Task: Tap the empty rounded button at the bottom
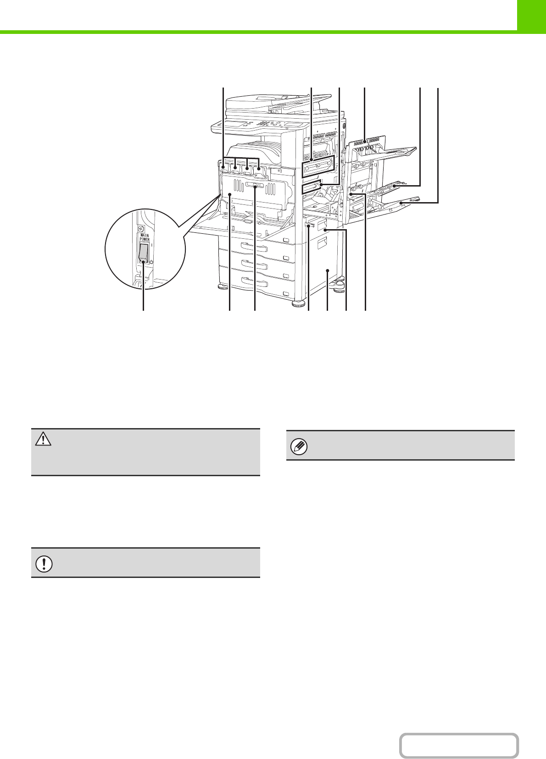tap(459, 746)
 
